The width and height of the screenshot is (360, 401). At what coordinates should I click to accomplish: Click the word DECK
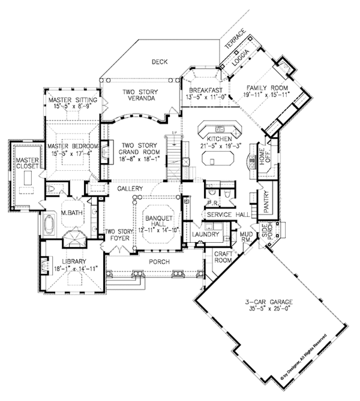[x=159, y=61]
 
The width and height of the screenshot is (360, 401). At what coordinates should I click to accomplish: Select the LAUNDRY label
[x=206, y=234]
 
